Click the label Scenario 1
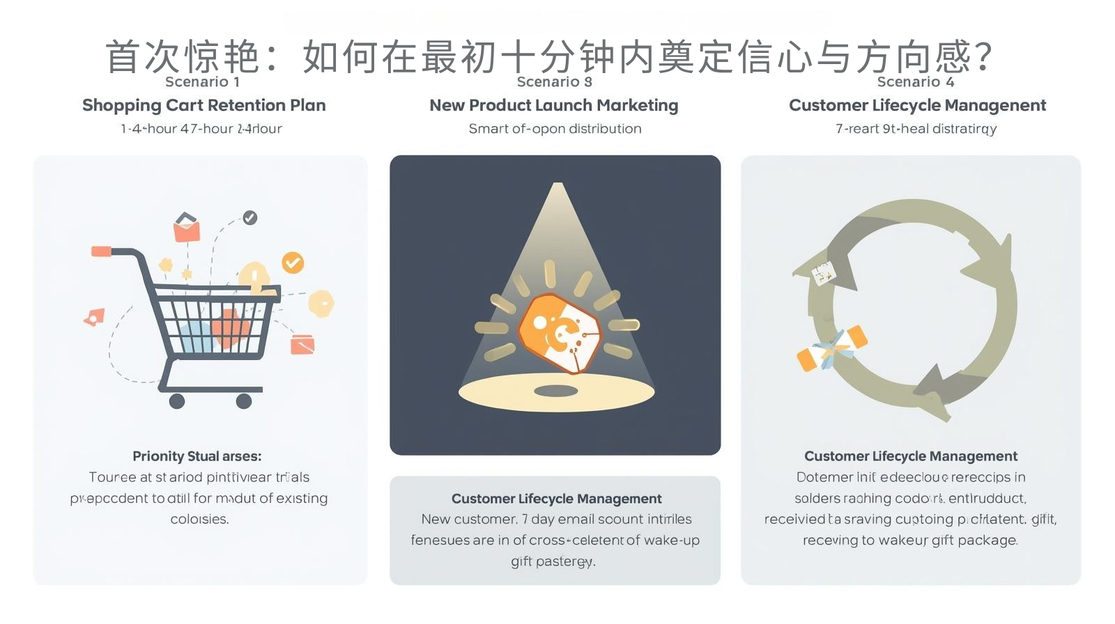[202, 82]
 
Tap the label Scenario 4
[915, 82]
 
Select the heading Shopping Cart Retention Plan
[203, 105]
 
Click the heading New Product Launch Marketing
[553, 105]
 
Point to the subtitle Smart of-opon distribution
[555, 129]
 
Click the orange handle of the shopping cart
[102, 251]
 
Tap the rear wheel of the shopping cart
[177, 400]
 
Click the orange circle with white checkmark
[293, 263]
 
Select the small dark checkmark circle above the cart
[249, 218]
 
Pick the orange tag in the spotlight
[559, 333]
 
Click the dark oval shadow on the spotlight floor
[555, 390]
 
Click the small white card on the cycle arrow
[824, 273]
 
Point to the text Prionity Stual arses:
[197, 456]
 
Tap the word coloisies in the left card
[199, 520]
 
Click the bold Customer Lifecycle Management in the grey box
[556, 499]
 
